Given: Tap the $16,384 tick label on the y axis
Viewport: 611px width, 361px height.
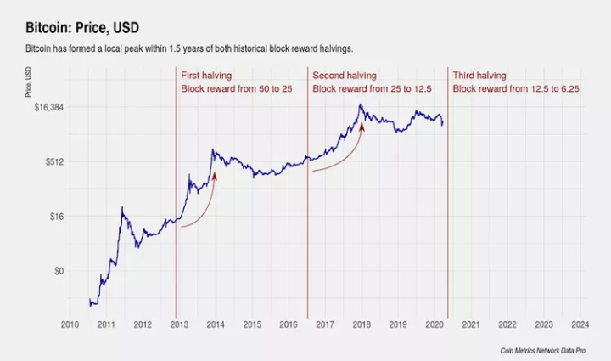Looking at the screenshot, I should click(x=48, y=107).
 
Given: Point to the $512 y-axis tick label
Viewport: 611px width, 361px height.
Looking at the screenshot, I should click(x=53, y=161).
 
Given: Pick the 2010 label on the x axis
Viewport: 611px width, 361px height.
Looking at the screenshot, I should click(x=70, y=324).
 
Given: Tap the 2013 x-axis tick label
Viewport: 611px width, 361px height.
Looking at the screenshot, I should click(x=179, y=324).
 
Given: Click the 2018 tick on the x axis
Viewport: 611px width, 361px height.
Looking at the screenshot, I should click(x=362, y=324).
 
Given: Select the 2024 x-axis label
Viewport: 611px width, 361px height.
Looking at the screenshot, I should click(x=580, y=324).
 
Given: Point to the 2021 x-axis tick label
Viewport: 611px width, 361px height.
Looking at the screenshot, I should click(x=471, y=324).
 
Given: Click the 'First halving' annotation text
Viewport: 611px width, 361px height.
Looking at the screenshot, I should click(x=206, y=75).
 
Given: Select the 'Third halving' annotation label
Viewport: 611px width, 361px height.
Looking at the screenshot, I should click(x=479, y=75).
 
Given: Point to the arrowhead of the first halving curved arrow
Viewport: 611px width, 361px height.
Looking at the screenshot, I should click(x=214, y=175).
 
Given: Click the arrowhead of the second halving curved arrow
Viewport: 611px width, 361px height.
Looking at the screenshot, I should click(x=362, y=127).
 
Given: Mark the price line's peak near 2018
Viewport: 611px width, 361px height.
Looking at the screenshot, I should click(x=361, y=105).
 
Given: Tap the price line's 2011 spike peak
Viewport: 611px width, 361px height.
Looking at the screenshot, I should click(x=123, y=206).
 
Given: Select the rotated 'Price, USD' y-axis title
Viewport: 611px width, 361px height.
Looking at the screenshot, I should click(x=28, y=82).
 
